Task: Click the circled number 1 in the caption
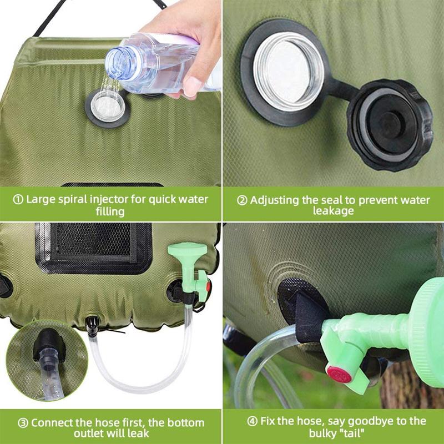[19, 199]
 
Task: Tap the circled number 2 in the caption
[242, 200]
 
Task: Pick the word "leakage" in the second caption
[333, 211]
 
